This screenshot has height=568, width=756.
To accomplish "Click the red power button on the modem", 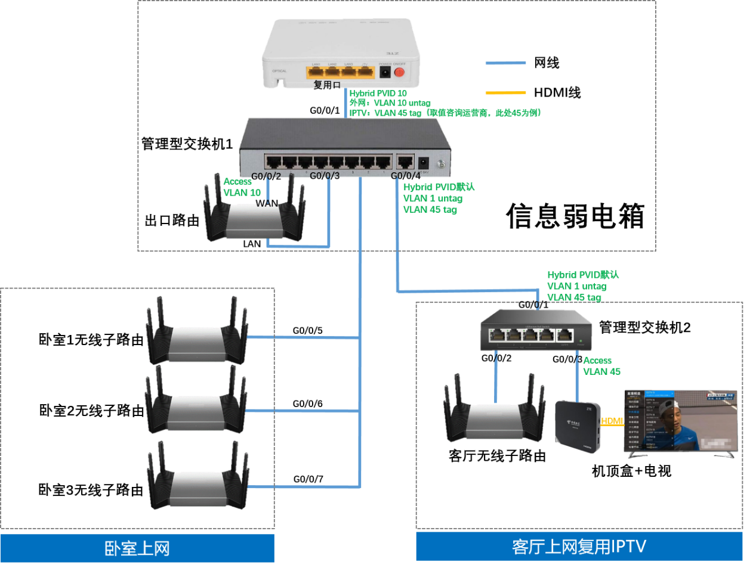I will [x=399, y=72].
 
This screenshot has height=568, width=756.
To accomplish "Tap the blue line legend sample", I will [x=505, y=63].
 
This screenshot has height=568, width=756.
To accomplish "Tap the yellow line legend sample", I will [x=505, y=93].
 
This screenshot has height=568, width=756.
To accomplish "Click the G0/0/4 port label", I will [x=405, y=175].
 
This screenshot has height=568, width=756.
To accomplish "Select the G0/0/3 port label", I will [x=325, y=175].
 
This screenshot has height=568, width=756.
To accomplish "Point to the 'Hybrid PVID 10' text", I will [x=378, y=94].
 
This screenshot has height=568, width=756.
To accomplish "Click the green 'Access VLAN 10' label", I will [x=242, y=187].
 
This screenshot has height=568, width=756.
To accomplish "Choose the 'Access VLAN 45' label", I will [x=601, y=366].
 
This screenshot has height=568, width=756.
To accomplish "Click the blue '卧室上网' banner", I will [x=137, y=548].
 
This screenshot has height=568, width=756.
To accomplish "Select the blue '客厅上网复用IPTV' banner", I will [x=579, y=547].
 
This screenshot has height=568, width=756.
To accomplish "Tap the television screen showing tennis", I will [x=681, y=421].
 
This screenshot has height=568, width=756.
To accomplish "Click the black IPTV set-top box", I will [x=577, y=425].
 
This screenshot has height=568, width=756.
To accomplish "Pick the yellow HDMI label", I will [x=612, y=421].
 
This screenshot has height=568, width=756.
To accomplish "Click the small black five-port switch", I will [x=536, y=330].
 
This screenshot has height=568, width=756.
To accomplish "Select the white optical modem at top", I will [x=341, y=54].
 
